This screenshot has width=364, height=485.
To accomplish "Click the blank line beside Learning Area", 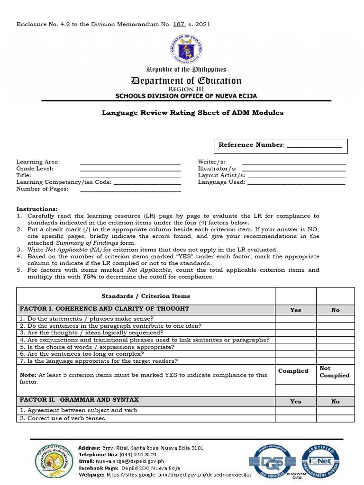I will [130, 162].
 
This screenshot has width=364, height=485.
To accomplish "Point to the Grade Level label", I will [35, 169].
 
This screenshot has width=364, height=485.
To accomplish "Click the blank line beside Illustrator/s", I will [294, 169].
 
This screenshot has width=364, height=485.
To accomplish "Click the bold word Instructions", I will [37, 209].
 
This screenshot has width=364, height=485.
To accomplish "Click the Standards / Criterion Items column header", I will [146, 296].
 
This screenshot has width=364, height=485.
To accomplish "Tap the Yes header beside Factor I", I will [295, 310].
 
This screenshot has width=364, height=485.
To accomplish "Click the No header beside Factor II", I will [335, 401].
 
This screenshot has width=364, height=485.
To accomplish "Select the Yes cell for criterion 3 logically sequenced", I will [295, 332].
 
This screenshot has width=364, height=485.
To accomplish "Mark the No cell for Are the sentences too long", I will [335, 354].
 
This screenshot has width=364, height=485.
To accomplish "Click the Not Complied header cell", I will [335, 372].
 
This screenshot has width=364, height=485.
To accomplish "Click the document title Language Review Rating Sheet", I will [193, 113].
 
